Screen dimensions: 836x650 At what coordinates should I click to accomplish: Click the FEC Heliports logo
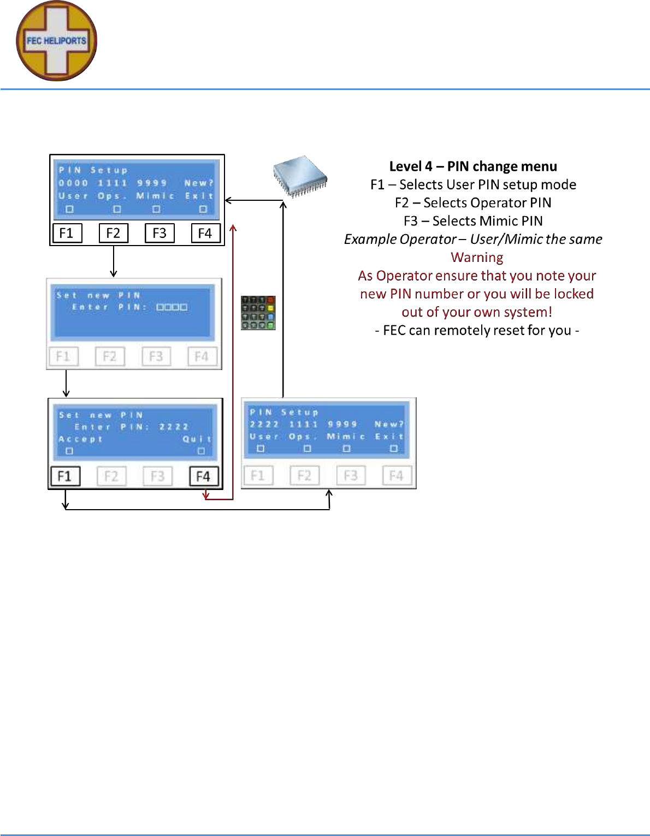coord(56,41)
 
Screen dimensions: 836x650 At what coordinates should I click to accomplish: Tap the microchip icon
coord(300,176)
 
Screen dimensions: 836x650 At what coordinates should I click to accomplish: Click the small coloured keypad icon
coord(258,313)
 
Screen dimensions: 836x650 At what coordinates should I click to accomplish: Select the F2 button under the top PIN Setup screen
coord(113,233)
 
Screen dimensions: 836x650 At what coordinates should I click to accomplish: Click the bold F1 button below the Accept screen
coord(65,476)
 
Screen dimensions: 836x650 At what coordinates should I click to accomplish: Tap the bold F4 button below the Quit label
coord(203,476)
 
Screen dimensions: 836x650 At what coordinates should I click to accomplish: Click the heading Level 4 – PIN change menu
coord(473,166)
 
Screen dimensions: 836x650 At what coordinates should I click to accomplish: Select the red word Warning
coord(477,258)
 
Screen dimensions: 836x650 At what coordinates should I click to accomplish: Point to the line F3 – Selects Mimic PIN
coord(473,221)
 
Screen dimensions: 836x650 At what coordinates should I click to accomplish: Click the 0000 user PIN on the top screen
coord(73,183)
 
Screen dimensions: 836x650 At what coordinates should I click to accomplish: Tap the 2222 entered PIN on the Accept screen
coord(174,427)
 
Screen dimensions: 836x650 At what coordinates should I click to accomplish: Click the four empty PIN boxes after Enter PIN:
coord(172,307)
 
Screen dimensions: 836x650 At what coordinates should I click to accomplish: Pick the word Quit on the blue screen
coord(197,439)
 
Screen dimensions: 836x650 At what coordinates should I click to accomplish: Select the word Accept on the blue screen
coord(80,439)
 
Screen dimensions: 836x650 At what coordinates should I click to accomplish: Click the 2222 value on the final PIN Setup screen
coord(264,424)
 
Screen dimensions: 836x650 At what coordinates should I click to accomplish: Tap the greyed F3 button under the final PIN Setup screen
coord(351,476)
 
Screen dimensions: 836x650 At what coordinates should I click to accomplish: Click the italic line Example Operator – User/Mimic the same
coord(473,239)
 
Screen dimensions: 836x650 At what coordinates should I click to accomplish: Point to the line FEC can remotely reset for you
coord(477,331)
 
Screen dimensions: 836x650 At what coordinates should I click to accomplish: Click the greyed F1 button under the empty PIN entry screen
coord(63,357)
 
